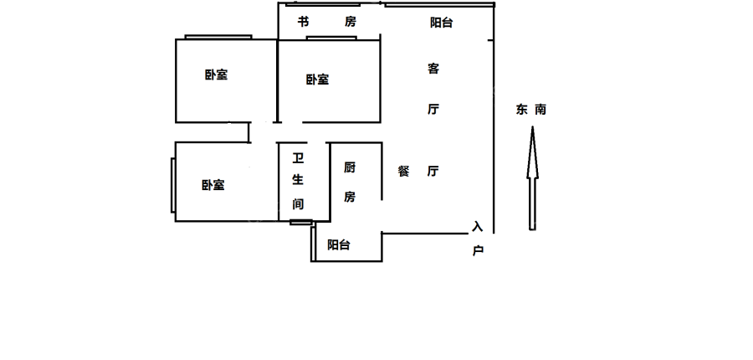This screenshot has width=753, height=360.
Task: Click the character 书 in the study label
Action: [303, 22]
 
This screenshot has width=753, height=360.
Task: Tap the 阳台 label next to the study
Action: [441, 23]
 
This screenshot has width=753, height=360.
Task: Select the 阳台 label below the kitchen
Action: [339, 245]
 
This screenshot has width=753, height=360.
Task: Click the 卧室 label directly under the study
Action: [317, 80]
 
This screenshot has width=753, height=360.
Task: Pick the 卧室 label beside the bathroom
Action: [213, 185]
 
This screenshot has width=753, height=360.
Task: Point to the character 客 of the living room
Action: [433, 69]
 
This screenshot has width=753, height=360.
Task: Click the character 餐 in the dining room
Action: [404, 172]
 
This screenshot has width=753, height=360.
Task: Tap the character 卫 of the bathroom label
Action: [297, 157]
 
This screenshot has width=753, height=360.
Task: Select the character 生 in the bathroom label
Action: [297, 179]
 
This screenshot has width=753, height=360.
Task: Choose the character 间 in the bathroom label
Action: [297, 203]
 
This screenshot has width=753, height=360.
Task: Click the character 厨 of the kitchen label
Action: [350, 167]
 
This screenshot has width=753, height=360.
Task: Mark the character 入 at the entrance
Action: [478, 227]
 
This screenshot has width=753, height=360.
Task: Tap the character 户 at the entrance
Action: [478, 250]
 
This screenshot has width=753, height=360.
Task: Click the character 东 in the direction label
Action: [522, 110]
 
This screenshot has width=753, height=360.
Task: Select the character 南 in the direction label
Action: [540, 110]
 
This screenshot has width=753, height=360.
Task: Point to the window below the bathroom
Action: [300, 222]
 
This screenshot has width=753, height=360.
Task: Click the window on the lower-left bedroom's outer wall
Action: [173, 185]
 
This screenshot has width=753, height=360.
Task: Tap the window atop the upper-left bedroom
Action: [218, 37]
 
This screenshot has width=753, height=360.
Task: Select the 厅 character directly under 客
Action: [433, 110]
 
